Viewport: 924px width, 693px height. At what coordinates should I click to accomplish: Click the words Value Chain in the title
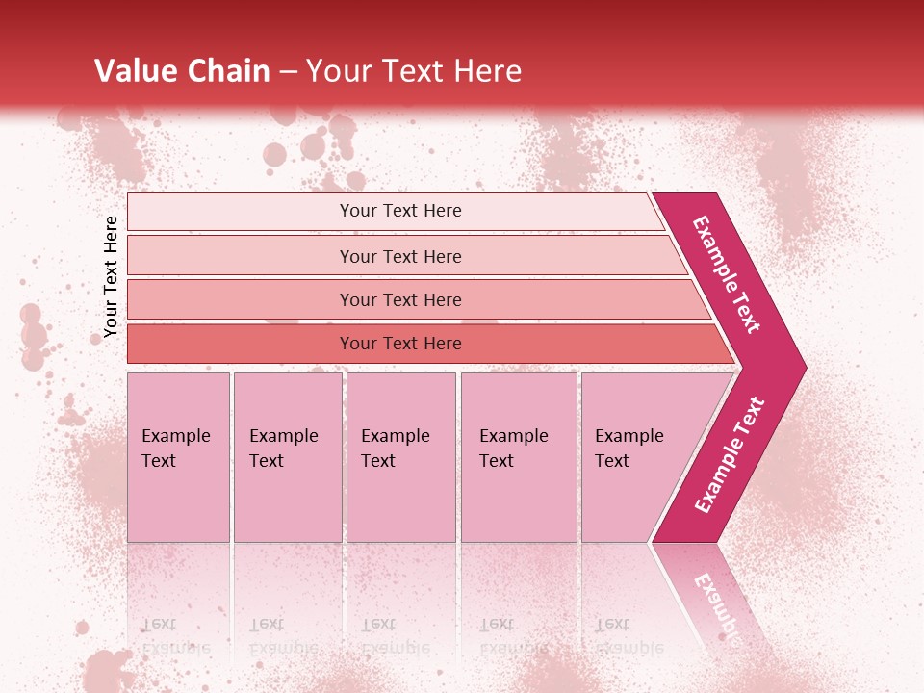[x=182, y=71]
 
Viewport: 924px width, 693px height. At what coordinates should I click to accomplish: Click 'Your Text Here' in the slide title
[x=414, y=71]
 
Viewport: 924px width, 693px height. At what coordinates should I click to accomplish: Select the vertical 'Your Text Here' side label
[x=111, y=276]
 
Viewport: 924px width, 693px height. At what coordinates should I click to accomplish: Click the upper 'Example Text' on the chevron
[x=727, y=274]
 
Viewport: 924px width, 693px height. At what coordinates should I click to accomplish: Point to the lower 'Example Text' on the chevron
[x=730, y=454]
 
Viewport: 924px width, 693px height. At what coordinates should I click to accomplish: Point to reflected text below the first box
[x=176, y=635]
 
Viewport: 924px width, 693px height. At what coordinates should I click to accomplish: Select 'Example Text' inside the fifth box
[x=629, y=449]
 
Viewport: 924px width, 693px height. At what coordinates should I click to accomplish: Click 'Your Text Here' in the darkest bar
[x=400, y=344]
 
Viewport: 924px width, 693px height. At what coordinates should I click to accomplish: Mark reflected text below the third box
[x=396, y=635]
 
